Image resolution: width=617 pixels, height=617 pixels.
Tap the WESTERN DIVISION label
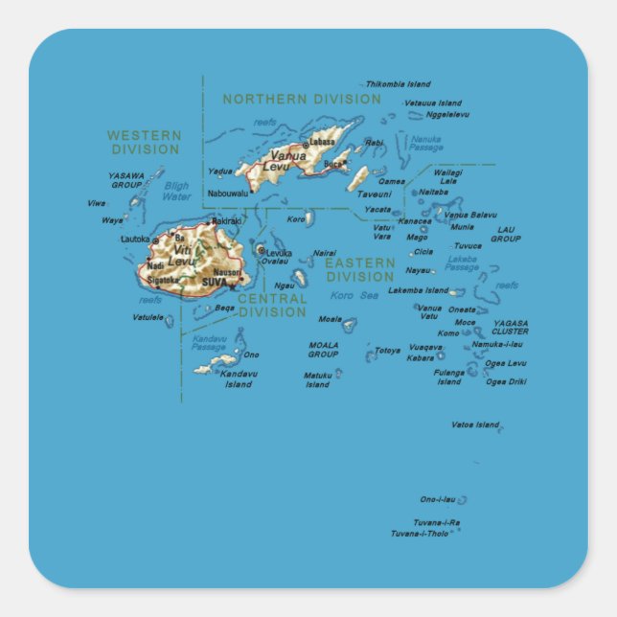(x=144, y=143)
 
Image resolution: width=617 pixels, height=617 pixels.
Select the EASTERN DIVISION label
(x=359, y=269)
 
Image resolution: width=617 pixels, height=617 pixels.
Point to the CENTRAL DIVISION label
(x=272, y=306)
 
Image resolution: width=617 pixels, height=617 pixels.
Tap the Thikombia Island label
(x=398, y=84)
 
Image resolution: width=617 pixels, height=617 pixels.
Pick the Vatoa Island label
(x=475, y=423)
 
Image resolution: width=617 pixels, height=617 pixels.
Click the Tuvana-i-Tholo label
(x=419, y=533)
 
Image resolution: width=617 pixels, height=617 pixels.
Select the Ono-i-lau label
(x=437, y=499)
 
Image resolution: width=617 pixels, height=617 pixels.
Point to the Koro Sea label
(x=354, y=295)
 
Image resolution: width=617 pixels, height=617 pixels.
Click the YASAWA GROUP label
(x=126, y=180)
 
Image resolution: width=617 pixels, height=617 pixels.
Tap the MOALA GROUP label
(x=323, y=349)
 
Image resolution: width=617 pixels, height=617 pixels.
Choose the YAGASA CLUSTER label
(x=510, y=327)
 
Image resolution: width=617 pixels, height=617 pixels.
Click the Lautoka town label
(x=135, y=239)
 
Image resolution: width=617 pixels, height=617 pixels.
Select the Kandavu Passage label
(x=209, y=342)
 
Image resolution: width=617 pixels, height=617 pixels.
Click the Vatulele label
(x=148, y=316)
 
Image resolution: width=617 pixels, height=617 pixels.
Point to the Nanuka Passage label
(x=426, y=144)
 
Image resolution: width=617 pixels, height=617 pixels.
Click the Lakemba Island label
(x=418, y=290)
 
